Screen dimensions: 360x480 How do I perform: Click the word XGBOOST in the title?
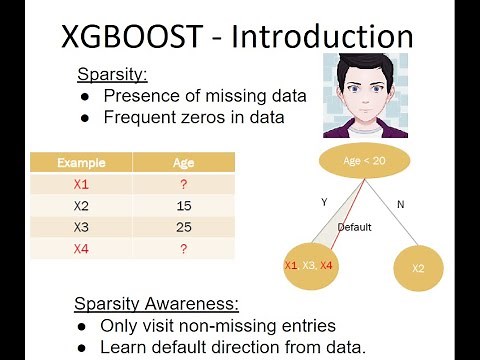(139, 38)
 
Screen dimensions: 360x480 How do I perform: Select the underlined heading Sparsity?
(112, 74)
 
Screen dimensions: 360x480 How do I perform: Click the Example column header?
(81, 162)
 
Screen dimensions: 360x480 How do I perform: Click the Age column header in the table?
(183, 162)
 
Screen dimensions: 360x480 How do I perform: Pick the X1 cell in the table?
(81, 184)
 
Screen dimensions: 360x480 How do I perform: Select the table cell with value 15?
(183, 205)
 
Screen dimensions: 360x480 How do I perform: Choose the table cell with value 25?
(183, 227)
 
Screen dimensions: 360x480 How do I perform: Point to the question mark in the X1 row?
(183, 184)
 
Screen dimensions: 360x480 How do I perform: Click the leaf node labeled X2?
(419, 268)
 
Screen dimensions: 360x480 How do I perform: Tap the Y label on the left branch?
(323, 202)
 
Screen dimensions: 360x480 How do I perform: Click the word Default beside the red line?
(354, 227)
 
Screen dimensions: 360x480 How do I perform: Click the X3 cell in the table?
(81, 227)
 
